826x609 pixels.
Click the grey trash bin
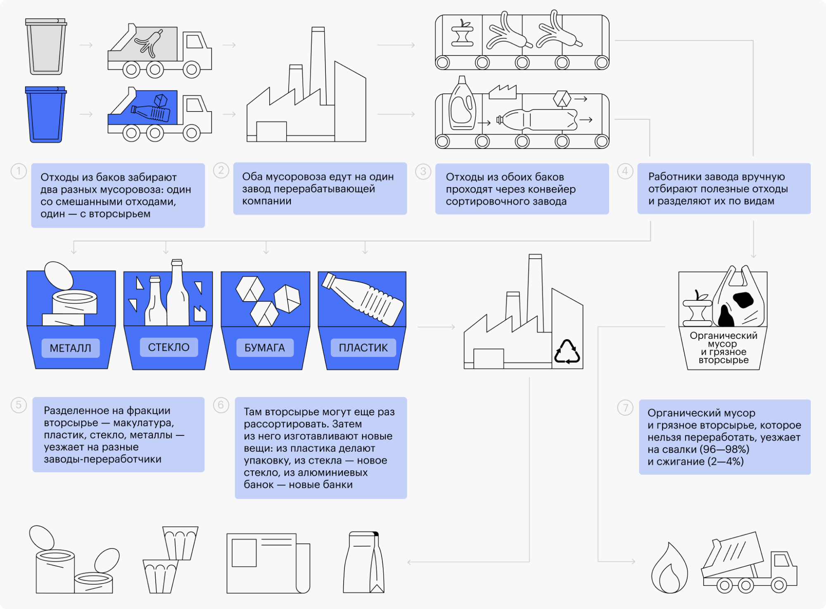[x=46, y=46]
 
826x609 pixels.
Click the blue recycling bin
[x=46, y=114]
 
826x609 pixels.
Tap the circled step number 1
[x=19, y=171]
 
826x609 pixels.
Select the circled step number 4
[x=625, y=171]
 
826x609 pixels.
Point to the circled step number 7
[x=625, y=407]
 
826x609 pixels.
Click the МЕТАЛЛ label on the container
[x=71, y=348]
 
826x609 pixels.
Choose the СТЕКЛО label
[x=169, y=347]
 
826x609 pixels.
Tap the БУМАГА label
[x=265, y=348]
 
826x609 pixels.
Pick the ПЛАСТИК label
[x=363, y=348]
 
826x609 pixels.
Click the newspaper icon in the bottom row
[x=268, y=563]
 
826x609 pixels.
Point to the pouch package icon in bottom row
[x=364, y=562]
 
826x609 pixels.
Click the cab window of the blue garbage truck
[x=195, y=105]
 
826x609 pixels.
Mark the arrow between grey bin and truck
[x=86, y=45]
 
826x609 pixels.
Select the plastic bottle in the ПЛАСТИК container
[x=363, y=299]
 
